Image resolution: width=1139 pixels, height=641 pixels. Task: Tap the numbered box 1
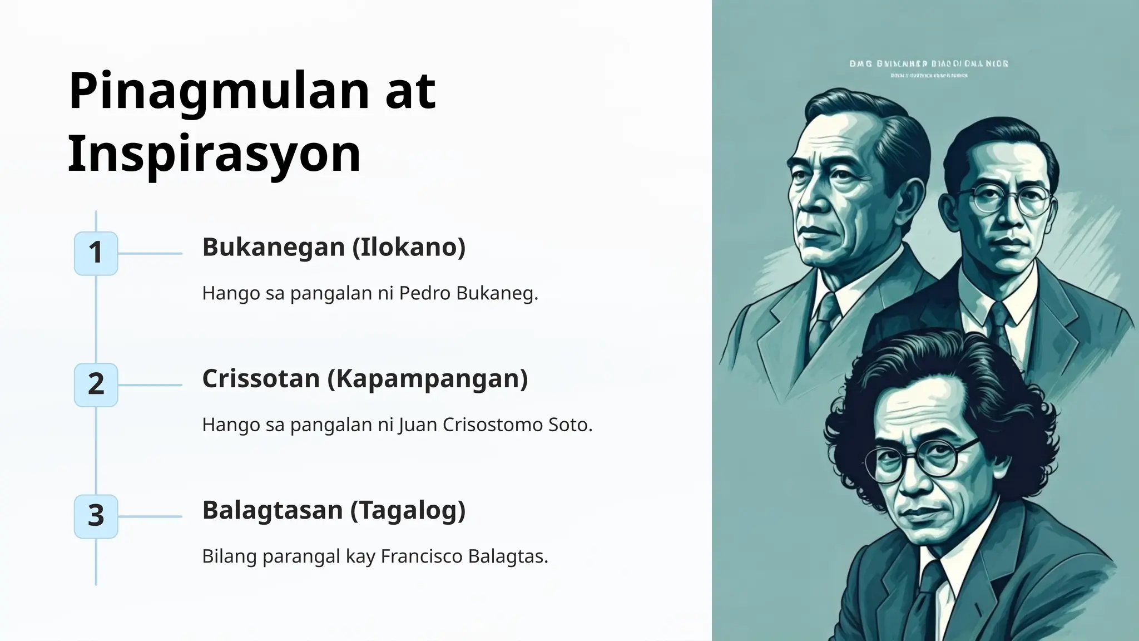[96, 253]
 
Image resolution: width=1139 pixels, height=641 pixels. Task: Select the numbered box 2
[96, 384]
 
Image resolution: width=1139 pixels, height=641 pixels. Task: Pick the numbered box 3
[96, 516]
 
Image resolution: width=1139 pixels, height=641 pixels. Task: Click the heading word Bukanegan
[273, 247]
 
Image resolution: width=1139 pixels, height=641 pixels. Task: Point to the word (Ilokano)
[409, 247]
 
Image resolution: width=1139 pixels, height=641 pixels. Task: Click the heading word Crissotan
[260, 378]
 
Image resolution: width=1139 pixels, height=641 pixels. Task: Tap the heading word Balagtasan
[272, 510]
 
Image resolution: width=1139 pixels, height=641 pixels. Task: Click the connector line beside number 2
[150, 385]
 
